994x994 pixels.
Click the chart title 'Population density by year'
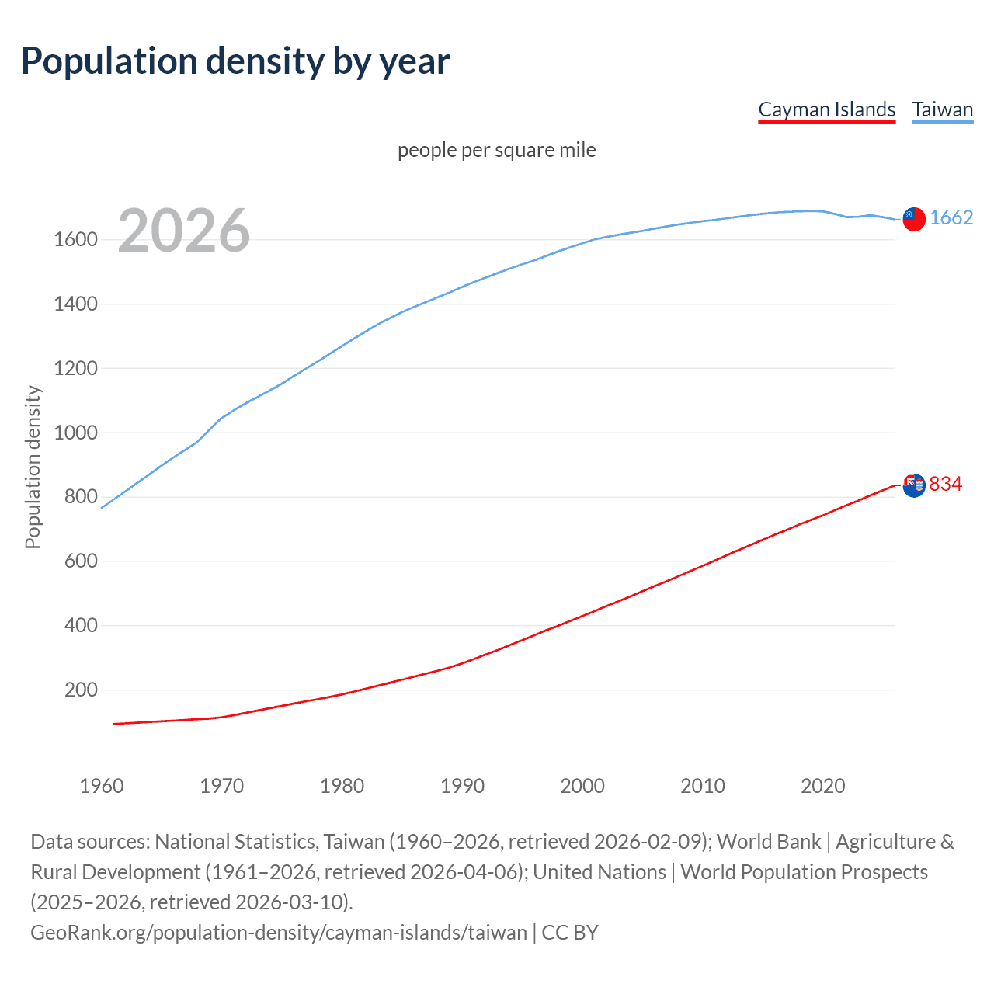pos(235,62)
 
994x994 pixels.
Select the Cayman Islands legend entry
pos(826,109)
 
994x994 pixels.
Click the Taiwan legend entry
pos(942,109)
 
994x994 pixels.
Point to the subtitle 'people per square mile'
pos(496,150)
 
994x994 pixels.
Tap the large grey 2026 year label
pos(184,231)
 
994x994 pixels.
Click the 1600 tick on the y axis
pos(75,240)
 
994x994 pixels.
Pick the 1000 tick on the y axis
pos(75,433)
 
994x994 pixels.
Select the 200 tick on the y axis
pos(81,690)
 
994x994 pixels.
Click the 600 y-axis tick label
pos(81,561)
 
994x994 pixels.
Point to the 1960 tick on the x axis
pos(102,786)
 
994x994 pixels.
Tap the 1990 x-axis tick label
pos(462,786)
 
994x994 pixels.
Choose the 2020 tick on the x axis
pos(822,786)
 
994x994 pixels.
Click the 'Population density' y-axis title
pos(33,467)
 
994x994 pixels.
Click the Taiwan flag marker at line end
pos(914,219)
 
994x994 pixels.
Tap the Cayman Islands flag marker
pos(914,485)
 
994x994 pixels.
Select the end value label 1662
pos(951,218)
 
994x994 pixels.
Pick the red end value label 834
pos(945,485)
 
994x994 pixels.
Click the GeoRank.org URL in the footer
pos(279,933)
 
